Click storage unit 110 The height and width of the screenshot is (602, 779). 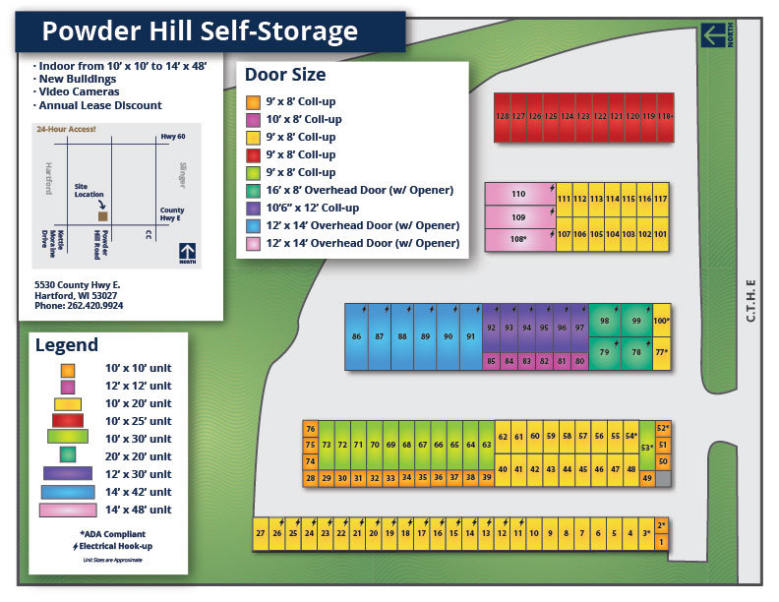(x=519, y=194)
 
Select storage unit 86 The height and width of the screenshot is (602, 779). (x=356, y=336)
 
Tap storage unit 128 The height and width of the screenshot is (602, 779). (x=502, y=117)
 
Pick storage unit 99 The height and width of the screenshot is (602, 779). (x=636, y=321)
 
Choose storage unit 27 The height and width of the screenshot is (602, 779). (x=261, y=533)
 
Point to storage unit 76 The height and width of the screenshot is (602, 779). (x=310, y=429)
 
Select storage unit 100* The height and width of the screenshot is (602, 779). (x=661, y=321)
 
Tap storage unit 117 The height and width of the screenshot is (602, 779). (x=661, y=200)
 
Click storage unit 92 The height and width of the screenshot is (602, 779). (x=492, y=328)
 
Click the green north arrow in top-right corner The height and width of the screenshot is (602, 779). (x=715, y=35)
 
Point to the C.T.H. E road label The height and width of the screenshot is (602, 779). (x=750, y=299)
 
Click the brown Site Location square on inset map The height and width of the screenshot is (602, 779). (x=103, y=215)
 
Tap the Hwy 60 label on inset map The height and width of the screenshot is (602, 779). (x=173, y=138)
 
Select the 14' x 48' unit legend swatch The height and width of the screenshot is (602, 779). (x=68, y=510)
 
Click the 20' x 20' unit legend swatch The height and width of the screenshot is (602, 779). (x=68, y=455)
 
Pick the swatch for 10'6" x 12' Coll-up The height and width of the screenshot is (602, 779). (x=253, y=208)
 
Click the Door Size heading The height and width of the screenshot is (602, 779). (x=286, y=75)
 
